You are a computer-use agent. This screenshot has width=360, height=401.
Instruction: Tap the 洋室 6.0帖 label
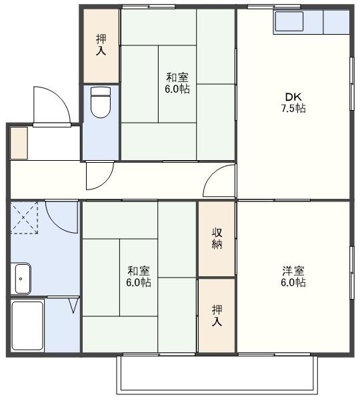click(x=293, y=276)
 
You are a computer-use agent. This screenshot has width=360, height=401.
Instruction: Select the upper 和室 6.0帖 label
click(x=177, y=83)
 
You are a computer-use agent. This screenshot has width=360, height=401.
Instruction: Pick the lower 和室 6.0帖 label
click(x=139, y=276)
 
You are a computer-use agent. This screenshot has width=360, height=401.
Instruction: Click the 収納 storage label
click(x=217, y=239)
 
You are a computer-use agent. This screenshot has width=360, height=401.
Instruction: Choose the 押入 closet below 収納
click(x=217, y=315)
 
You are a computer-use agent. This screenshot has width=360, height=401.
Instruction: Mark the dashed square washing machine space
click(x=25, y=217)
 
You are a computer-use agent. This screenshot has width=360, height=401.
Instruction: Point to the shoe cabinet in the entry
click(x=19, y=142)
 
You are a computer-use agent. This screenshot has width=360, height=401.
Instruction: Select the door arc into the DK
click(x=219, y=181)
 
